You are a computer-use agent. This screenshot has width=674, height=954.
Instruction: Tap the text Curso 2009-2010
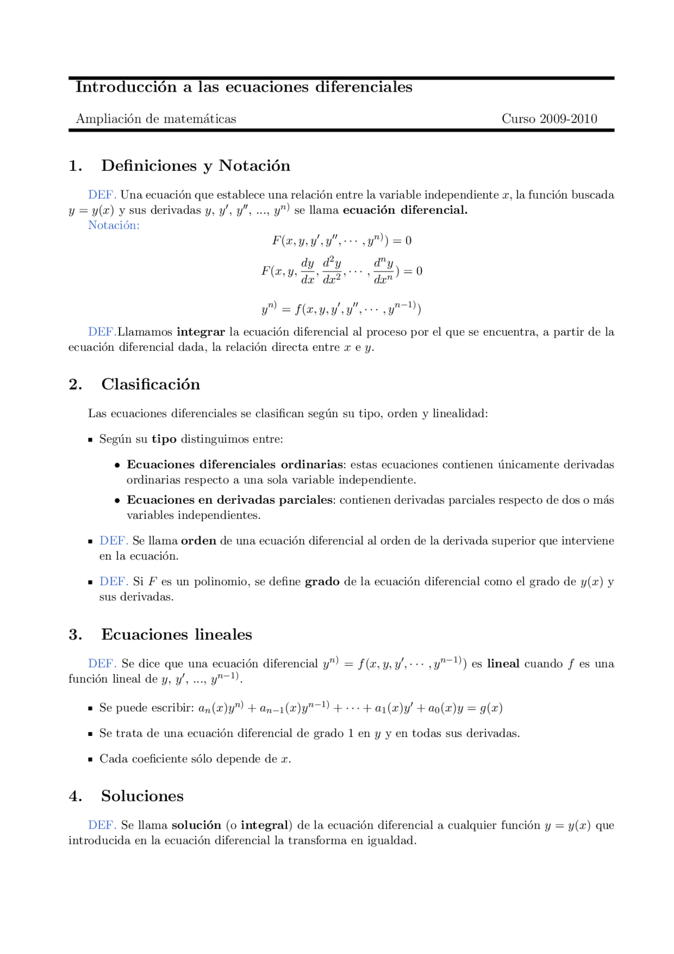pyautogui.click(x=549, y=119)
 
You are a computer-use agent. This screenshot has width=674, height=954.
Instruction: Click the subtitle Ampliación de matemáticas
pyautogui.click(x=156, y=119)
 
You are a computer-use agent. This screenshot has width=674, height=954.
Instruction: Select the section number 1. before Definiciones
pyautogui.click(x=75, y=166)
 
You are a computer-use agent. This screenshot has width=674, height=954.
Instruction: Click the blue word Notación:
pyautogui.click(x=114, y=225)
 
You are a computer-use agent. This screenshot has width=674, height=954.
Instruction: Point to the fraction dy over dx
pyautogui.click(x=308, y=271)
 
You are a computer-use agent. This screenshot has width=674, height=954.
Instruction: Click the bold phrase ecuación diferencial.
pyautogui.click(x=405, y=210)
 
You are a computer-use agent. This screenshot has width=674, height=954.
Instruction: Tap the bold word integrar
pyautogui.click(x=201, y=332)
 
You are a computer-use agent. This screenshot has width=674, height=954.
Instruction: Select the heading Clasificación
pyautogui.click(x=151, y=385)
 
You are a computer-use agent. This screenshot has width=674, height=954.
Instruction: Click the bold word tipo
pyautogui.click(x=164, y=439)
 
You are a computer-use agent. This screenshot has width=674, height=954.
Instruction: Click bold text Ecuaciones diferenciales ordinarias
pyautogui.click(x=235, y=465)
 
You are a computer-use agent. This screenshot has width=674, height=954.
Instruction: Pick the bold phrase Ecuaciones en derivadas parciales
pyautogui.click(x=230, y=500)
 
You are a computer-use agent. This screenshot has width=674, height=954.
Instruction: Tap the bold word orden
pyautogui.click(x=199, y=541)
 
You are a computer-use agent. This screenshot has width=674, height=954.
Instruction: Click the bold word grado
pyautogui.click(x=322, y=582)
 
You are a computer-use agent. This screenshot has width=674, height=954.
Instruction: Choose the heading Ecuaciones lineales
pyautogui.click(x=176, y=635)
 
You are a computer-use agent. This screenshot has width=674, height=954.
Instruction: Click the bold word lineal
pyautogui.click(x=503, y=664)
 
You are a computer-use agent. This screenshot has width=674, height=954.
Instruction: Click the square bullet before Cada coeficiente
pyautogui.click(x=90, y=760)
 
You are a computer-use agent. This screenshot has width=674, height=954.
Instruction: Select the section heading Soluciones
pyautogui.click(x=142, y=796)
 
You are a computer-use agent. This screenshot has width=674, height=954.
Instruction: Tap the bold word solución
pyautogui.click(x=196, y=825)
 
